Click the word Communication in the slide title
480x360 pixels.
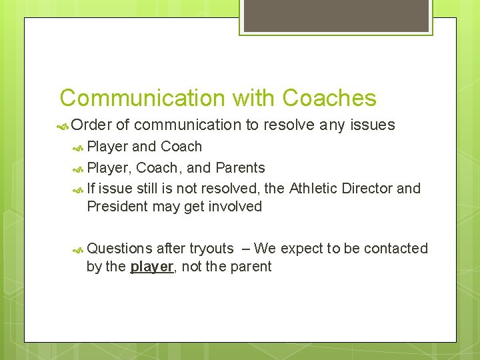143,98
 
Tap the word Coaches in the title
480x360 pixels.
329,98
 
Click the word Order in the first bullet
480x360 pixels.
91,125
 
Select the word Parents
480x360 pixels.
240,167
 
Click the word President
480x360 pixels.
117,206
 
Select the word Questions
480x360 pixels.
120,248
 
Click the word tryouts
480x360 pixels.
211,248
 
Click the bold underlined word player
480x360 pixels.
151,267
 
